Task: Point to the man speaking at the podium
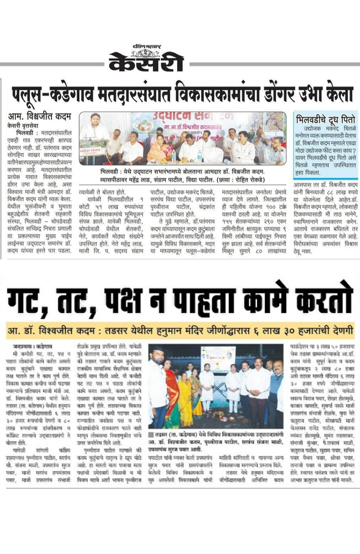pyautogui.click(x=95, y=134)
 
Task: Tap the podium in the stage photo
pyautogui.click(x=92, y=153)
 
